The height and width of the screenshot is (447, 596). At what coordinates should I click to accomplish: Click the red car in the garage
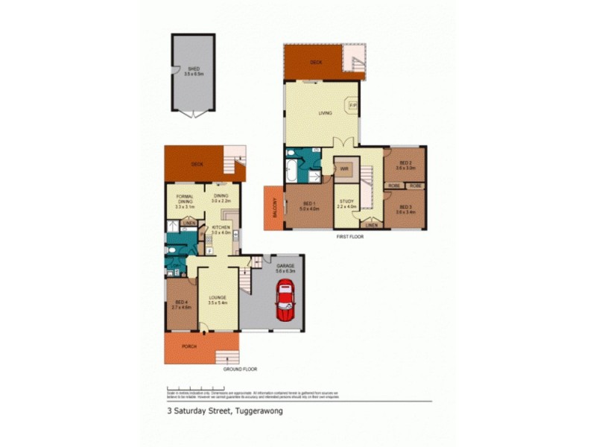[285, 304]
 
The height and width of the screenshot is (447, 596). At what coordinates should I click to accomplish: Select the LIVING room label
[325, 113]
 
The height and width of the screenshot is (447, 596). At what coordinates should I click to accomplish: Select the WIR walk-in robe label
[344, 169]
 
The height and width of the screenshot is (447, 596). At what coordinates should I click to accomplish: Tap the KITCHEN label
[221, 226]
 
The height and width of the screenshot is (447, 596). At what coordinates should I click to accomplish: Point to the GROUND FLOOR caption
[241, 370]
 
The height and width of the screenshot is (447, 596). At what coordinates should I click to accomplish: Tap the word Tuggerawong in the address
[259, 410]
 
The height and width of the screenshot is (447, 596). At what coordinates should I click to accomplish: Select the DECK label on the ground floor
[197, 164]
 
